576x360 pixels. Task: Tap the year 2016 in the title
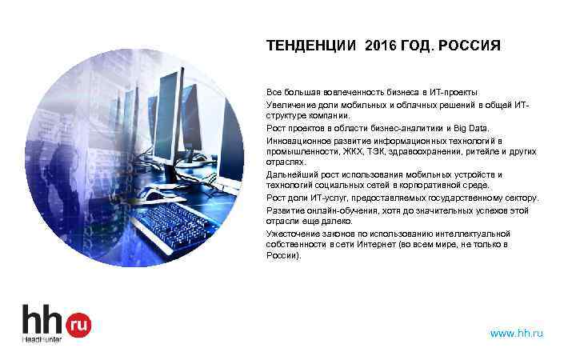(379, 46)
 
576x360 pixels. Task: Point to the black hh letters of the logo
(42, 320)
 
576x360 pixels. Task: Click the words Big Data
(476, 127)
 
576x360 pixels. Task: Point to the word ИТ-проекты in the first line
(455, 93)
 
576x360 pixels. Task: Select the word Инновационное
(297, 139)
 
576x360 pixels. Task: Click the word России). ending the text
(284, 256)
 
